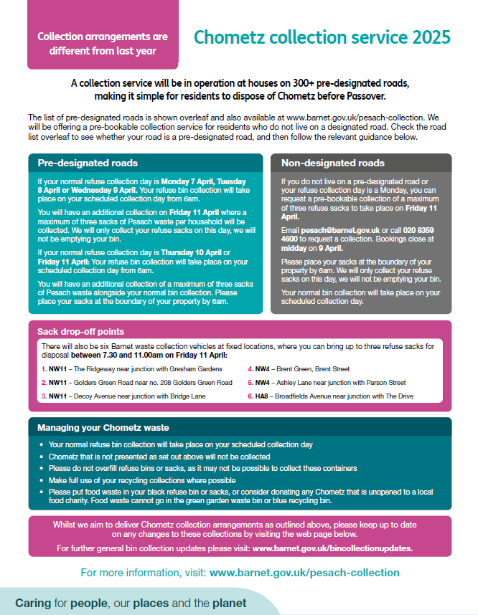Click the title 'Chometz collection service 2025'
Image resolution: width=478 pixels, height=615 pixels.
click(322, 37)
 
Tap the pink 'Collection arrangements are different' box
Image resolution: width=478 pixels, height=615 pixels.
click(103, 44)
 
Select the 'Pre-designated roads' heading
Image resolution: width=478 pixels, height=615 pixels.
click(88, 163)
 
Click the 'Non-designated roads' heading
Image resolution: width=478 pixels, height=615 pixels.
click(332, 163)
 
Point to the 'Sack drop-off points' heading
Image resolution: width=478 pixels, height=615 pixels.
click(80, 332)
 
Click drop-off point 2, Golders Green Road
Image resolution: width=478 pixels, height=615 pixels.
click(136, 382)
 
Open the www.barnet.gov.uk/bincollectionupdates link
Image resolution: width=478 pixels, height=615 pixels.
click(332, 548)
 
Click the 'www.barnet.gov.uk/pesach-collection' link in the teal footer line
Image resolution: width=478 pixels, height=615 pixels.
click(304, 573)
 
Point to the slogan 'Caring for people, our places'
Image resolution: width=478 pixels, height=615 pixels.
click(131, 603)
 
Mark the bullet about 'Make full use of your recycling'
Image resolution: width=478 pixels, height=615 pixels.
click(141, 480)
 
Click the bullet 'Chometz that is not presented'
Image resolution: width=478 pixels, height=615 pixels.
click(159, 457)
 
